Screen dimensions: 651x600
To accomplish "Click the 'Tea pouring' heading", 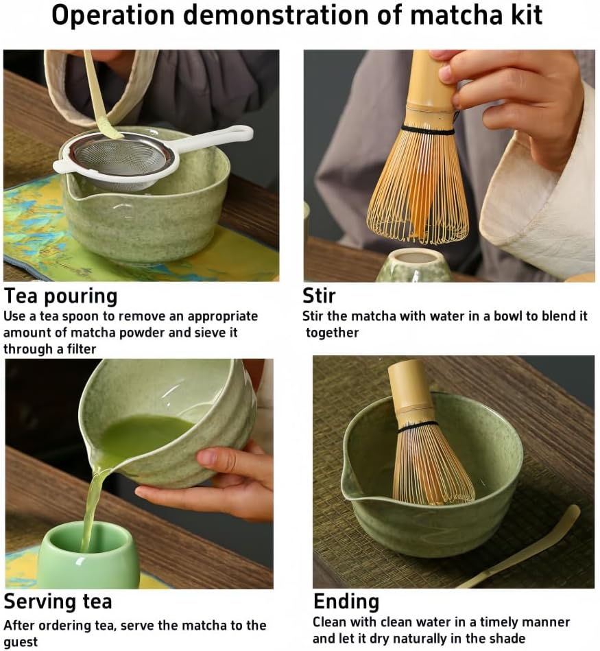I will [x=60, y=296].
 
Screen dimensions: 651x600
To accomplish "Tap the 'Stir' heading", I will [x=319, y=296].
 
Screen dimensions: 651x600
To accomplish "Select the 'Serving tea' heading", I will [x=58, y=602].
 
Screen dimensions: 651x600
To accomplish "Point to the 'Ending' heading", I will [x=346, y=602].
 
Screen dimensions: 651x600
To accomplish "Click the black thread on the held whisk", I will [x=427, y=130].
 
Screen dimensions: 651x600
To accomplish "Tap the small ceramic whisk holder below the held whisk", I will [x=414, y=265].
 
